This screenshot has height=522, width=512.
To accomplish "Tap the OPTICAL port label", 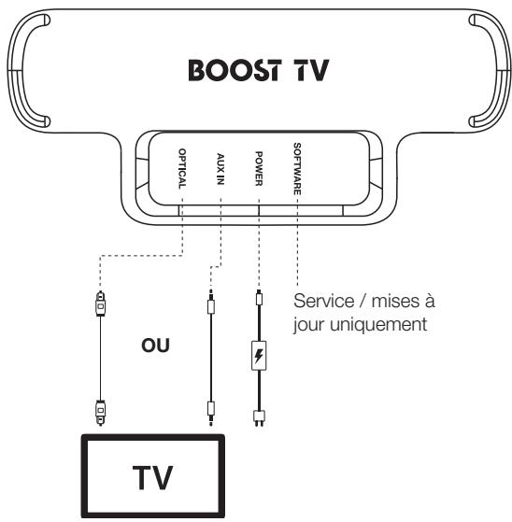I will pos(183,169).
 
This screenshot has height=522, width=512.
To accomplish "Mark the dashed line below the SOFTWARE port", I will pos(296,243).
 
